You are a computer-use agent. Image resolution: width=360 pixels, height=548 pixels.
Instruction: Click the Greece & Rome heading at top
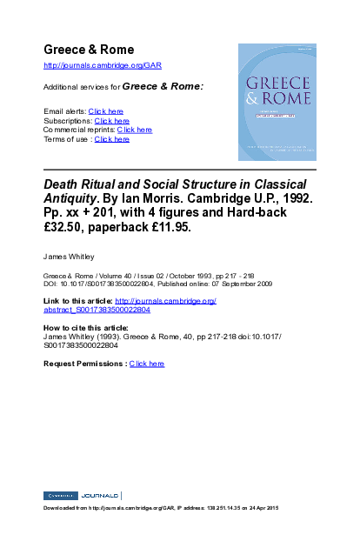tap(89, 49)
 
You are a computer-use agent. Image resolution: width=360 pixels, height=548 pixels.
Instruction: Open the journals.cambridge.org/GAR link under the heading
tap(103, 66)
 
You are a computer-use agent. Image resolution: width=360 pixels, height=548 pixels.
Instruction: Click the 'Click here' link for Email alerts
tap(106, 111)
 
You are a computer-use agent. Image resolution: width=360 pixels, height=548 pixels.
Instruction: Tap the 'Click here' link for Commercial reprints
tap(135, 130)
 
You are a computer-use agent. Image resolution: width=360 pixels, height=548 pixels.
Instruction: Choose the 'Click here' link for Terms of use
tap(112, 139)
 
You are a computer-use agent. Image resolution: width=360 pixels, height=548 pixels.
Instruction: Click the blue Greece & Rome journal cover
tap(277, 103)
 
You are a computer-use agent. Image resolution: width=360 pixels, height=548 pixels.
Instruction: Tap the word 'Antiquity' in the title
tap(73, 199)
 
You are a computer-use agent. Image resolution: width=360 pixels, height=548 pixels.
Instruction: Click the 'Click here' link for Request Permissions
tap(147, 363)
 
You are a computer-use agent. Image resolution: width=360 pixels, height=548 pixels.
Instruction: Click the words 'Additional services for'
tap(82, 87)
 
